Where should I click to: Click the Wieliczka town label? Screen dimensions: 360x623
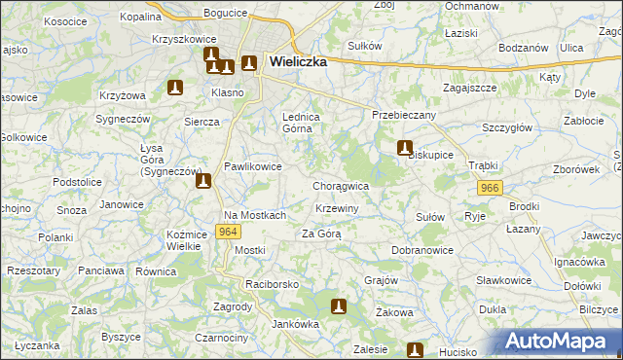pyautogui.click(x=297, y=60)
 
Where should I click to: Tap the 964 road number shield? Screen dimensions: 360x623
pyautogui.click(x=229, y=232)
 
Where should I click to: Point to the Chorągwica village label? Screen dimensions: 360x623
pyautogui.click(x=341, y=186)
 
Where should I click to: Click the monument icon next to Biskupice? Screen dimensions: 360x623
pyautogui.click(x=404, y=148)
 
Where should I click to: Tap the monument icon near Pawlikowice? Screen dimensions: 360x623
pyautogui.click(x=202, y=180)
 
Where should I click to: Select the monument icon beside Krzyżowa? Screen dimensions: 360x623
pyautogui.click(x=175, y=88)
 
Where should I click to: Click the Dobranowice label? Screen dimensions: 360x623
pyautogui.click(x=423, y=250)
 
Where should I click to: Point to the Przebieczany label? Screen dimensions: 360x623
pyautogui.click(x=404, y=115)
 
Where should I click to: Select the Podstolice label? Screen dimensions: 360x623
pyautogui.click(x=78, y=182)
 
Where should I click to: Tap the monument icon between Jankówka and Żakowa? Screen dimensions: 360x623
pyautogui.click(x=339, y=306)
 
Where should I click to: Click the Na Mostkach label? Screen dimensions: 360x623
pyautogui.click(x=255, y=215)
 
